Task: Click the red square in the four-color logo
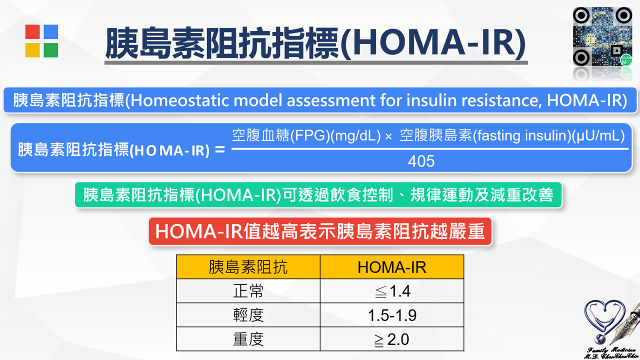pos(32,31)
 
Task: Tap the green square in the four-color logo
pos(51,50)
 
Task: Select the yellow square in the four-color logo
pos(32,50)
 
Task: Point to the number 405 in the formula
pos(421,161)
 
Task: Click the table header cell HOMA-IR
pos(392,267)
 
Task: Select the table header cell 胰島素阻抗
pos(248,267)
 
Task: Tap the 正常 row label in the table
pos(248,291)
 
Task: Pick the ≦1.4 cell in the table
pos(392,291)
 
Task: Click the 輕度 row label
pos(248,315)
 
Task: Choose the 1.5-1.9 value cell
pos(392,315)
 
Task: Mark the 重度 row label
pos(248,339)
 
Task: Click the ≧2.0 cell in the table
pos(392,339)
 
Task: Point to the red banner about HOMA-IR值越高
pos(320,231)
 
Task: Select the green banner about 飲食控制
pos(318,195)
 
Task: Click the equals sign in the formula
pos(219,149)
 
